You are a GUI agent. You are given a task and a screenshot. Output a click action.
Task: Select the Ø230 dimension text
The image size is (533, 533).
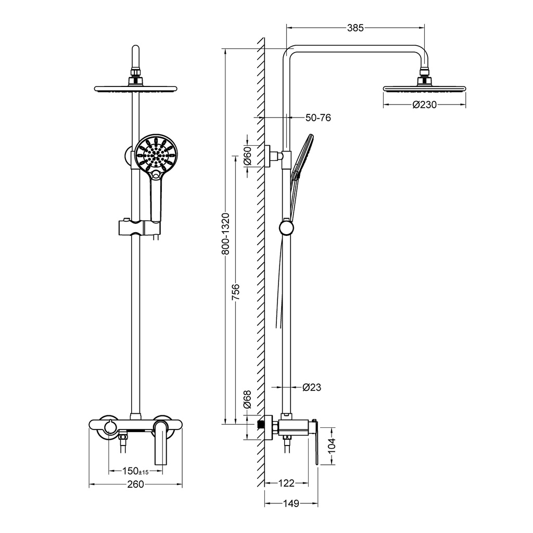click(424, 105)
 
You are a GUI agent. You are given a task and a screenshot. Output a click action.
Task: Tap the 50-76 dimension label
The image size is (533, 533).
click(318, 118)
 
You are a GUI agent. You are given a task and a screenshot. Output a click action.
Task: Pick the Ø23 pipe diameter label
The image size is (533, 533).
click(312, 387)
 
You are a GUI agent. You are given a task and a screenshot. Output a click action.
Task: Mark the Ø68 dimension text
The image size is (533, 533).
click(248, 401)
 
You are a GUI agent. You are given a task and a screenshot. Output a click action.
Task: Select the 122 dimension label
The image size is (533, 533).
click(286, 484)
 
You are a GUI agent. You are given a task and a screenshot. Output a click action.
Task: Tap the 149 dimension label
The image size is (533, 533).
click(291, 503)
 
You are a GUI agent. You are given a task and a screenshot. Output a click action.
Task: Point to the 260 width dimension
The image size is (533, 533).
click(135, 485)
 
